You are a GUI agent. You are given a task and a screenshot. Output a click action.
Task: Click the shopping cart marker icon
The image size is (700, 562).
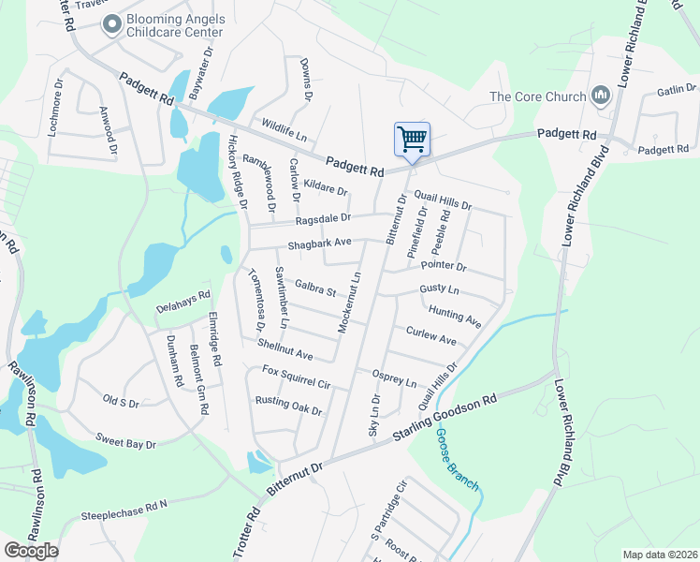click(412, 140)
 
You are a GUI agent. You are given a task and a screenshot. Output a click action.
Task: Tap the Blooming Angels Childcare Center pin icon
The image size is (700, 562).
click(112, 24)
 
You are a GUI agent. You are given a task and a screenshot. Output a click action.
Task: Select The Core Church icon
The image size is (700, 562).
click(600, 96)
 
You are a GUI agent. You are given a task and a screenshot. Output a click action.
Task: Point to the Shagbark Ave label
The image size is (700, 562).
click(319, 243)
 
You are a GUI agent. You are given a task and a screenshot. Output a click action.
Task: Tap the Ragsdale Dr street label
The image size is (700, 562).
click(323, 218)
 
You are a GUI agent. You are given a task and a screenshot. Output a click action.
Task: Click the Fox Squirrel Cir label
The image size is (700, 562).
click(298, 377)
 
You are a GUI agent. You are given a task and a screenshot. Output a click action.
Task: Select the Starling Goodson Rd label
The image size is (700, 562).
click(445, 421)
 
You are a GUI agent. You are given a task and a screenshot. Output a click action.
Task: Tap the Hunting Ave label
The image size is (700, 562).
click(455, 316)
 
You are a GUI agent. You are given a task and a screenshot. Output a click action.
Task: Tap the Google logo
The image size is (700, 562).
click(31, 550)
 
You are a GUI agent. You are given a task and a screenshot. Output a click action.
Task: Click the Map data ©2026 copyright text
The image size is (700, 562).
click(659, 555)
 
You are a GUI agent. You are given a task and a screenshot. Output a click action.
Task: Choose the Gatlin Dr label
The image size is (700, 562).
click(673, 91)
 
